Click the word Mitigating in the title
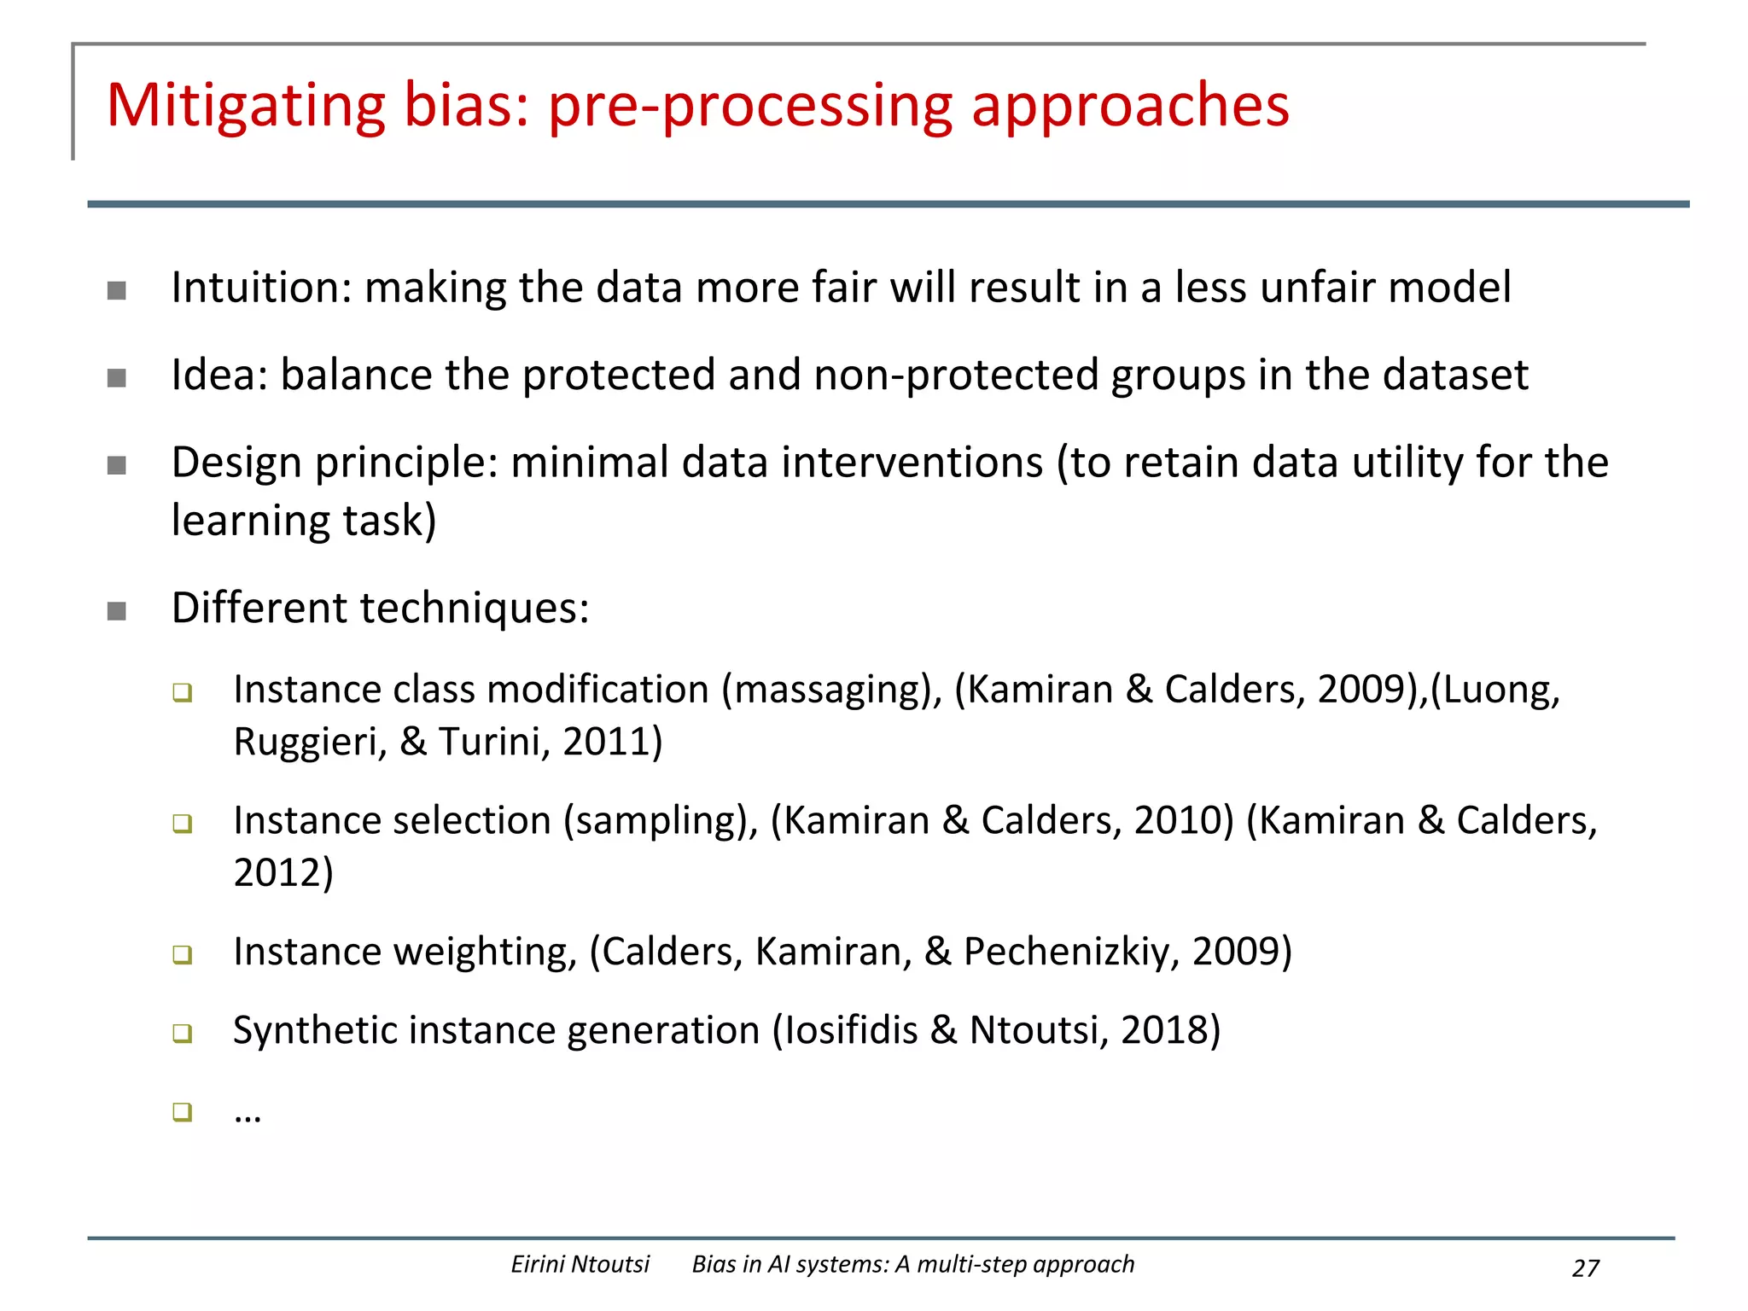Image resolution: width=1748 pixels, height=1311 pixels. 246,106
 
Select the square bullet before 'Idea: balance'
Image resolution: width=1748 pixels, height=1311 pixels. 117,378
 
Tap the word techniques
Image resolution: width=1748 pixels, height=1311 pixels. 475,609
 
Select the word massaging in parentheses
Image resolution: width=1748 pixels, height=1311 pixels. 831,690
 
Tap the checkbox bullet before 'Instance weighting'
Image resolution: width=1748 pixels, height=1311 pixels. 182,954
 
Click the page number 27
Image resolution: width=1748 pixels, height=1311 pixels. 1585,1268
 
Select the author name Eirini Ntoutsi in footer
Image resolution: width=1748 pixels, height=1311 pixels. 580,1264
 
